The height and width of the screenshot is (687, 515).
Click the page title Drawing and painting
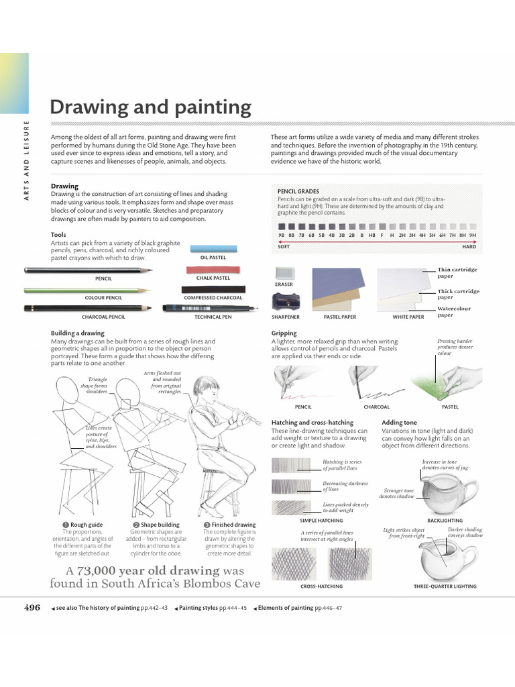pyautogui.click(x=151, y=107)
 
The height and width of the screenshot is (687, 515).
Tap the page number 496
pyautogui.click(x=32, y=607)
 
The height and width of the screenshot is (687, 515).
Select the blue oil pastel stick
pyautogui.click(x=213, y=248)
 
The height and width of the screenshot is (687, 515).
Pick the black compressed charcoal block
pyautogui.click(x=213, y=290)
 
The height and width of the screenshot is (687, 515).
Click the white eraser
pyautogui.click(x=284, y=274)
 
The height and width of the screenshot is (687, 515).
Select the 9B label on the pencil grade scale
pyautogui.click(x=282, y=235)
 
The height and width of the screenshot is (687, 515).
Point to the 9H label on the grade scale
pyautogui.click(x=472, y=235)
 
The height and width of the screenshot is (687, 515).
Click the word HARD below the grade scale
pyautogui.click(x=469, y=247)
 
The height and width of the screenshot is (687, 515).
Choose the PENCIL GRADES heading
pyautogui.click(x=298, y=191)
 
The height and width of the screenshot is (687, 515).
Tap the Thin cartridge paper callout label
pyautogui.click(x=458, y=272)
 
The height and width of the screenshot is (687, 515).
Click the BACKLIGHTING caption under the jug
pyautogui.click(x=445, y=520)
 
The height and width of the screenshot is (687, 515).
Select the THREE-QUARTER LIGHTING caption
pyautogui.click(x=445, y=586)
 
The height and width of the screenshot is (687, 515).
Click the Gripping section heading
pyautogui.click(x=284, y=333)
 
